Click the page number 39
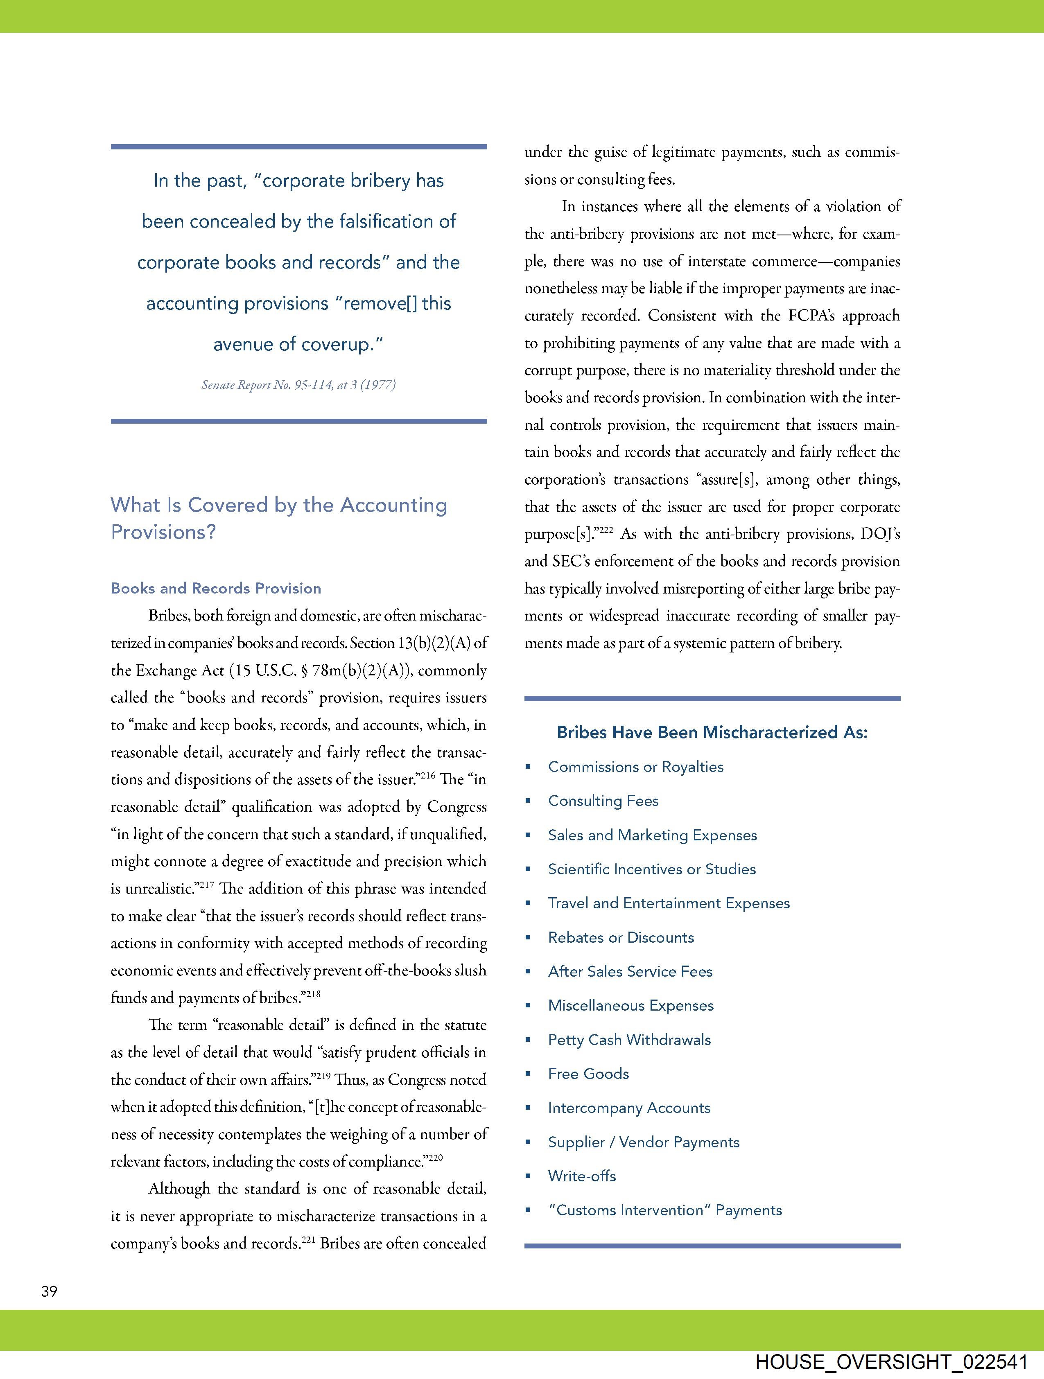[x=49, y=1291]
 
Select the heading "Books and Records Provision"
[x=216, y=589]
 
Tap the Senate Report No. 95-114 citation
[x=298, y=385]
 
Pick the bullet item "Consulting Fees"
[x=603, y=801]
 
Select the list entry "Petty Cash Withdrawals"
[x=629, y=1040]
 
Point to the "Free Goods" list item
[x=588, y=1074]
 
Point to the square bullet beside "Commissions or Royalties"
[x=528, y=767]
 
